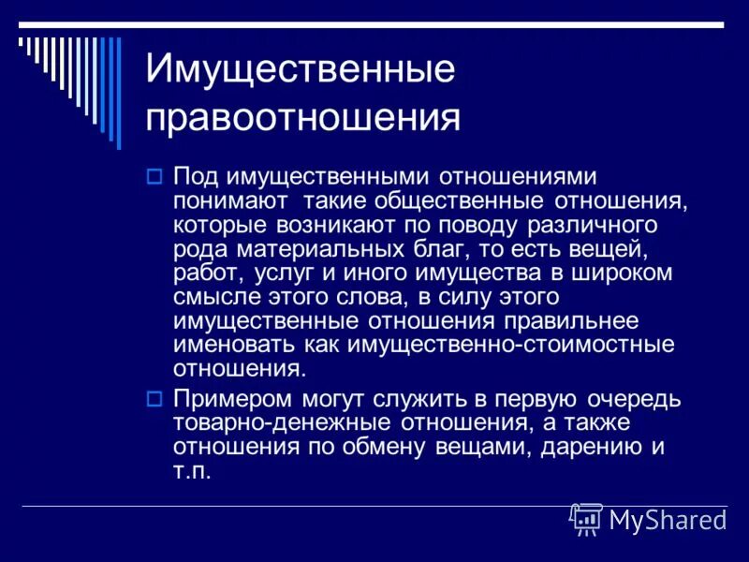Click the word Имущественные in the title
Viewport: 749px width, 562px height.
(x=300, y=71)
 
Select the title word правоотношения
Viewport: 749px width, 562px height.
(x=303, y=119)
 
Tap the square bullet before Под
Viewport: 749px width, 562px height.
(x=155, y=176)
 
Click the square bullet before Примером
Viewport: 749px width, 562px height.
(x=155, y=399)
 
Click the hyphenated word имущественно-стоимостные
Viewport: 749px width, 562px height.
(x=509, y=344)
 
